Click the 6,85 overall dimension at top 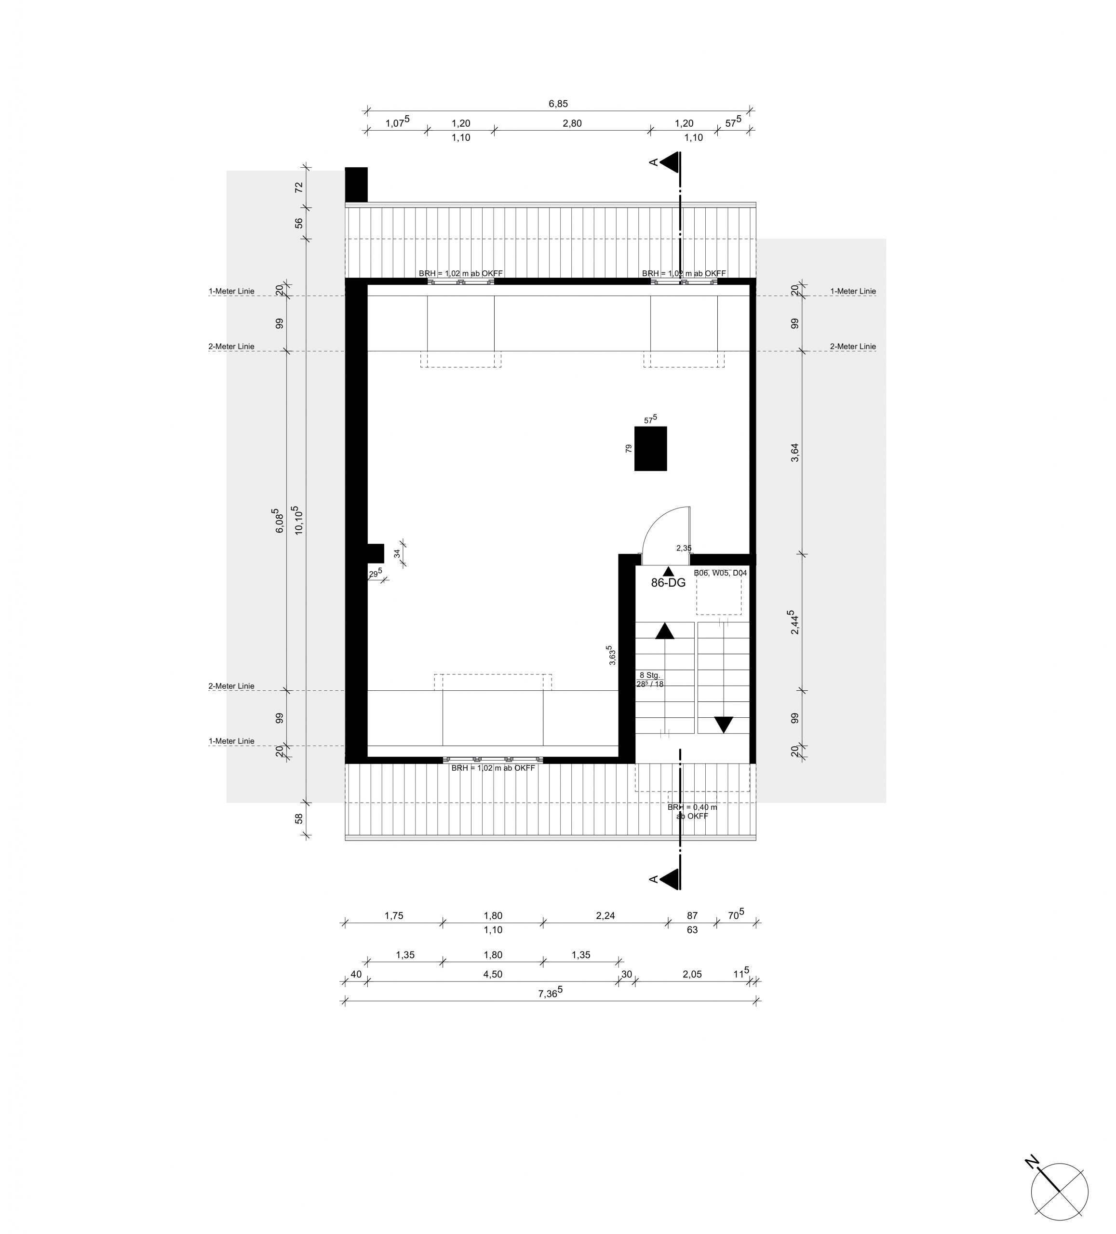pos(558,104)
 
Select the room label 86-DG pos(668,583)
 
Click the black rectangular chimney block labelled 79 pos(650,449)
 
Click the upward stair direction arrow pos(664,631)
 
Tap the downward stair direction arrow pos(724,724)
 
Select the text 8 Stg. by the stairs pos(649,675)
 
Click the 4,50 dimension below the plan pos(493,974)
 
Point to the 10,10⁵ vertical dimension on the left pos(298,520)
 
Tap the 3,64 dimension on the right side pos(794,452)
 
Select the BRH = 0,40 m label pos(692,807)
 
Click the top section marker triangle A pos(670,162)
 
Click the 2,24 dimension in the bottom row pos(605,916)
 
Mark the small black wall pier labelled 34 pos(375,553)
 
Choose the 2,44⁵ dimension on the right pos(793,621)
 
